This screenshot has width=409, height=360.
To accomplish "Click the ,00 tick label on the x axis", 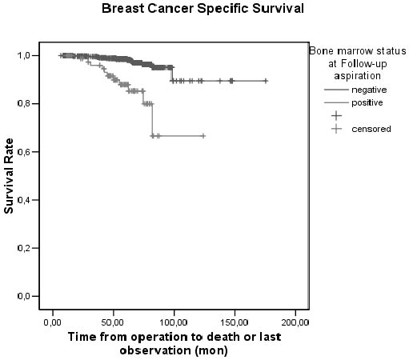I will point(52,322).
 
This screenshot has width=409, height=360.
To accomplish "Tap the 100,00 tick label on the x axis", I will point(174,322).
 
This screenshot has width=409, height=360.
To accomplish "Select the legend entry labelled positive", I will point(369,102).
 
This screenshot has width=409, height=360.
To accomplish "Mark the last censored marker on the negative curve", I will point(266,81).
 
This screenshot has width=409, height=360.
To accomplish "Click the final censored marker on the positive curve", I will point(203,136).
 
